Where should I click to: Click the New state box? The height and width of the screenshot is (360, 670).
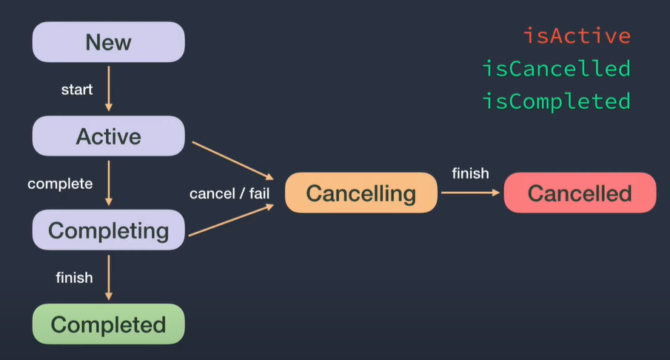[x=108, y=42]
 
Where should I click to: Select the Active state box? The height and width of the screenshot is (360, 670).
[x=108, y=136]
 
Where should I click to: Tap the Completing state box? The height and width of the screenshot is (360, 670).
[x=108, y=230]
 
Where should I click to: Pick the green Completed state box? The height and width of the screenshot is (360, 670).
[x=108, y=324]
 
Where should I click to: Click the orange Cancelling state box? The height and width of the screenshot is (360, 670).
[x=361, y=193]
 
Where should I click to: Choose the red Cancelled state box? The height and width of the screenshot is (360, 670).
[x=580, y=193]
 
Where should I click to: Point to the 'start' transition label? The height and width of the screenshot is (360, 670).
[x=77, y=90]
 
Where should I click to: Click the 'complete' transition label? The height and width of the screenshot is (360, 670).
[x=60, y=183]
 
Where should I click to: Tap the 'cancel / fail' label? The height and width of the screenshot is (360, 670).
[x=230, y=194]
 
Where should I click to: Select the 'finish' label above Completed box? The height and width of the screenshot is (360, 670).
[x=74, y=278]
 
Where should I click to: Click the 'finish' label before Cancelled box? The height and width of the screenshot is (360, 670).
[x=470, y=173]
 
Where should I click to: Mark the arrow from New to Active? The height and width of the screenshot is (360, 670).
[x=109, y=88]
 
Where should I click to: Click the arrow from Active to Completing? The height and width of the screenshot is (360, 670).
[x=109, y=182]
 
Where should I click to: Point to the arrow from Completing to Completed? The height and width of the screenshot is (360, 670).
[x=109, y=277]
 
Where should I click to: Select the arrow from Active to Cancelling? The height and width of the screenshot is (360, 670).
[x=232, y=160]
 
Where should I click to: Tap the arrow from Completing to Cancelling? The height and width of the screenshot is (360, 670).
[x=231, y=221]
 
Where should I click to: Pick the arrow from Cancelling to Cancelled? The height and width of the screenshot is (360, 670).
[x=470, y=193]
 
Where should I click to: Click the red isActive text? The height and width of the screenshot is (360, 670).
[x=577, y=36]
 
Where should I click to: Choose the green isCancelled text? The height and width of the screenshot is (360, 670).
[x=556, y=69]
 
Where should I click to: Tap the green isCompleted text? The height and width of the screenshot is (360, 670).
[x=556, y=101]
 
